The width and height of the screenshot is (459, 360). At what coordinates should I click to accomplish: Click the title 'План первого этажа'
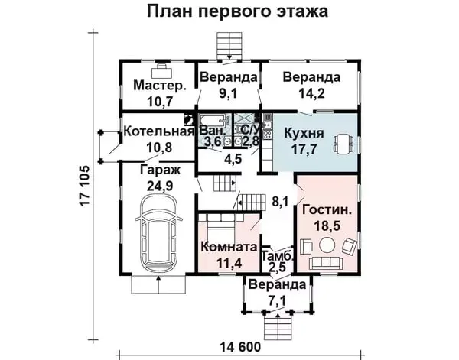[237, 11]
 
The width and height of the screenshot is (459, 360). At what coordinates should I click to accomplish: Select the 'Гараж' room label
[160, 170]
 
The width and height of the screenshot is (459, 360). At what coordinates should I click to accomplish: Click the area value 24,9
[160, 186]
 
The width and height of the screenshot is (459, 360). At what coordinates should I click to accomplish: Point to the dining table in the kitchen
[343, 144]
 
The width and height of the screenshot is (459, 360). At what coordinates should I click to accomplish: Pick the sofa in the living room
[327, 263]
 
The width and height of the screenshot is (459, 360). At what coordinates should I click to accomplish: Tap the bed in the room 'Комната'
[221, 225]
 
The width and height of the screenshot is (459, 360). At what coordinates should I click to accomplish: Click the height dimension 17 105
[83, 186]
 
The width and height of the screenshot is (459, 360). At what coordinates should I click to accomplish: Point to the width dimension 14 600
[239, 347]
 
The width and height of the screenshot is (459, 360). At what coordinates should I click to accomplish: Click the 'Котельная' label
[159, 131]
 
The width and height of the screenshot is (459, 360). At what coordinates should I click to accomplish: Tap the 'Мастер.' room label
[160, 86]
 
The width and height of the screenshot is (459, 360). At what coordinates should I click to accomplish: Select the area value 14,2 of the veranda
[311, 93]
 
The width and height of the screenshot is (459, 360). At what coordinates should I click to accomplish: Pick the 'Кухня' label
[304, 133]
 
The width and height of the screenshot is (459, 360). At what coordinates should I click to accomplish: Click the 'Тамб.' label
[277, 256]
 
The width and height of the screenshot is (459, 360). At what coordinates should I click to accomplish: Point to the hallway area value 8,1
[280, 202]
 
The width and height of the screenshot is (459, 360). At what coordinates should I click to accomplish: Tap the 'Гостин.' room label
[327, 210]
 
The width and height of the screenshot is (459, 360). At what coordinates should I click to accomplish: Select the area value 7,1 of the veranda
[277, 300]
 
